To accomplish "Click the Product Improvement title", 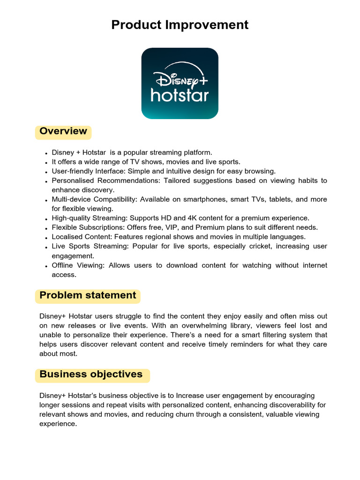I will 180,25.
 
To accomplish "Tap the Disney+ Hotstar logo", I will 180,83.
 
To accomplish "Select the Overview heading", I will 63,131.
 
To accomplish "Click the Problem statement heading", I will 88,295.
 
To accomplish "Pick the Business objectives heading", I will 91,374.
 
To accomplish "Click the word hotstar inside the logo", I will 180,96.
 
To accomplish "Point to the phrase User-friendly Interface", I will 88,171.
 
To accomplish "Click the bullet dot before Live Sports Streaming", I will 46,247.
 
